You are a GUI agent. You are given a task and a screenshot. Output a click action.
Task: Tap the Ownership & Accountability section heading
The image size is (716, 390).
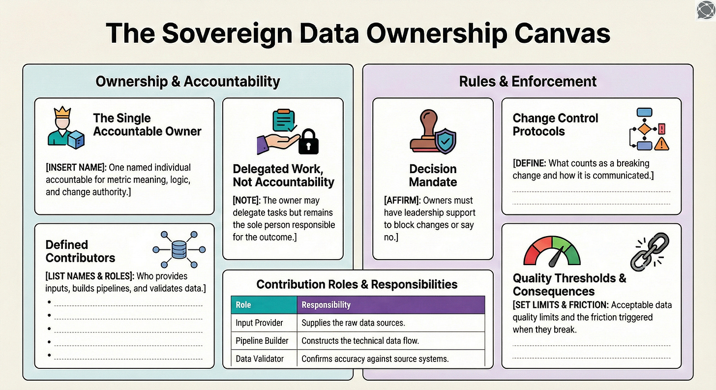click(x=188, y=81)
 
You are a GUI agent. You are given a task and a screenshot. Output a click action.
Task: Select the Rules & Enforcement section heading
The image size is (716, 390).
click(x=528, y=81)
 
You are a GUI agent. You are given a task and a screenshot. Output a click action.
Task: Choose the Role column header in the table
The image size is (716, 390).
click(x=243, y=305)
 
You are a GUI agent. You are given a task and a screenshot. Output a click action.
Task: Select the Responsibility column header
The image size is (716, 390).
click(x=326, y=305)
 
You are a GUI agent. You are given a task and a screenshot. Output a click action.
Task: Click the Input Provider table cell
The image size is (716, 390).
click(x=259, y=323)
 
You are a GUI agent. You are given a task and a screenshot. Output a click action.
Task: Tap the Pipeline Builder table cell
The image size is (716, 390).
click(x=262, y=340)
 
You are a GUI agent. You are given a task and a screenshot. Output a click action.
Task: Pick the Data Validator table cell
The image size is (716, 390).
click(x=260, y=359)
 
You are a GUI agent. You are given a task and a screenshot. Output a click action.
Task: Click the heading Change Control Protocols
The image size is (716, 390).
click(x=555, y=124)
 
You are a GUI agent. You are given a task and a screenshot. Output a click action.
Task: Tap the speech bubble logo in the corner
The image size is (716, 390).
click(x=706, y=10)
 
